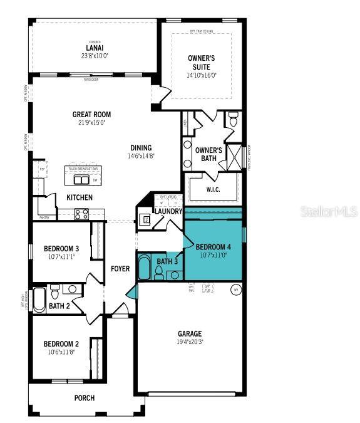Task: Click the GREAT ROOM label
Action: point(91,114)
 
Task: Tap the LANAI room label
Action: point(95,47)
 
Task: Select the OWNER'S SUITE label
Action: point(202,63)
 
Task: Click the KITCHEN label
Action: point(80,197)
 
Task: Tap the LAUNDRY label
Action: point(168,212)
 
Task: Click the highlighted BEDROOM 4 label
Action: point(213,246)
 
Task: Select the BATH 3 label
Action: point(167,261)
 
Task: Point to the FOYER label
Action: point(120,269)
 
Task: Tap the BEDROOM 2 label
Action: point(61,343)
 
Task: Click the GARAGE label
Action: point(190,333)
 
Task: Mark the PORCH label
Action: point(85,397)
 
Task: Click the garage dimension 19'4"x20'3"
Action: point(190,342)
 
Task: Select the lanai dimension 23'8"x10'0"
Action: point(95,55)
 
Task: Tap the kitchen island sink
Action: point(81,180)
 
